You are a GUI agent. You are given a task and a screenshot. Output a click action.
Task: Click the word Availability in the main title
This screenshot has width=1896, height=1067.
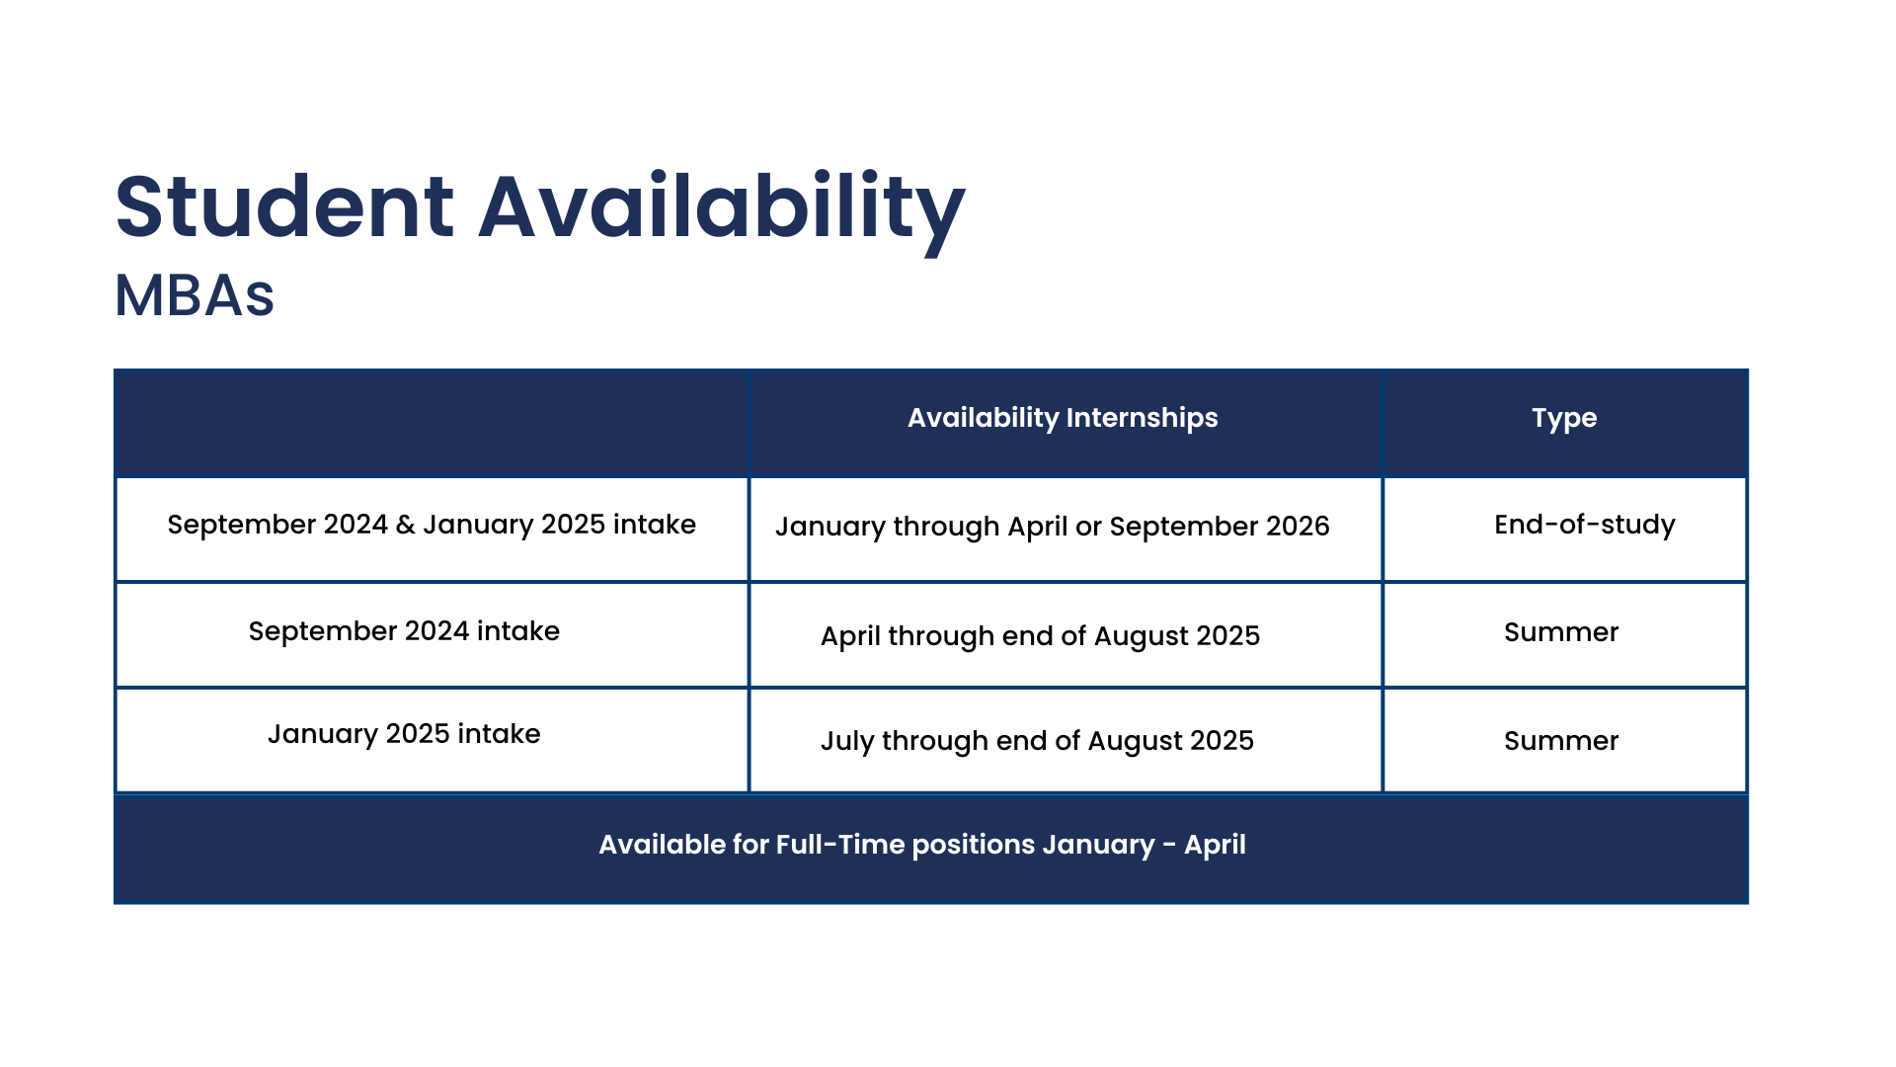pyautogui.click(x=722, y=212)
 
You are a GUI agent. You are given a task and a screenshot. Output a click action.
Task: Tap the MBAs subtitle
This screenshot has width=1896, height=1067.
pyautogui.click(x=195, y=294)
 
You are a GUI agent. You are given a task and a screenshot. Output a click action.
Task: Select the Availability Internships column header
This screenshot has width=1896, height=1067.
pyautogui.click(x=1063, y=418)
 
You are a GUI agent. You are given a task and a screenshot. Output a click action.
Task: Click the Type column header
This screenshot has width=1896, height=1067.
pyautogui.click(x=1564, y=418)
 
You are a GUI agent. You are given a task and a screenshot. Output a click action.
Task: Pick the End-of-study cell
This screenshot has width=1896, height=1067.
pyautogui.click(x=1585, y=525)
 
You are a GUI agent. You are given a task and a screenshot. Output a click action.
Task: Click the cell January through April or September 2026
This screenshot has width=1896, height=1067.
pyautogui.click(x=1053, y=527)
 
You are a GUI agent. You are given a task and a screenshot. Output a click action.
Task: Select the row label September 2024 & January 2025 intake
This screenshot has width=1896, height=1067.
pyautogui.click(x=432, y=525)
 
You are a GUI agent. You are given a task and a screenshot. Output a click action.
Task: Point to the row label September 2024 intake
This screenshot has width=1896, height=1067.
pyautogui.click(x=404, y=631)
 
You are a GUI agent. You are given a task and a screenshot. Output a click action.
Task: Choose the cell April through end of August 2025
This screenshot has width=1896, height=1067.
pyautogui.click(x=1040, y=636)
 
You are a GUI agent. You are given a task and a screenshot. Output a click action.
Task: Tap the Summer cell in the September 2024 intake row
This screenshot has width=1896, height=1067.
pyautogui.click(x=1561, y=632)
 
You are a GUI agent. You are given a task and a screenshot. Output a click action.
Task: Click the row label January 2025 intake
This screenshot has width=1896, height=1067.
pyautogui.click(x=404, y=734)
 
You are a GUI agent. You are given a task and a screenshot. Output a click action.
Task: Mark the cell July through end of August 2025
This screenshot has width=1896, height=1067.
pyautogui.click(x=1037, y=741)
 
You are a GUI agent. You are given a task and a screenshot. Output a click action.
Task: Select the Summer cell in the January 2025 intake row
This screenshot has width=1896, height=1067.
pyautogui.click(x=1561, y=741)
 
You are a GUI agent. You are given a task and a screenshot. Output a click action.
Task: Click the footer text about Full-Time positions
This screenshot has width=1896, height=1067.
pyautogui.click(x=922, y=845)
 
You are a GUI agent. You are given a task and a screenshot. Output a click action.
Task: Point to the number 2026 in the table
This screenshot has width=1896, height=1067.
pyautogui.click(x=1298, y=526)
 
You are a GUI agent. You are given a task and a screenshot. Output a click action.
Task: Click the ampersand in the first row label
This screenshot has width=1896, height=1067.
pyautogui.click(x=405, y=525)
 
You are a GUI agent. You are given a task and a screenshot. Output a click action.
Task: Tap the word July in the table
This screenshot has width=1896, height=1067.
pyautogui.click(x=847, y=742)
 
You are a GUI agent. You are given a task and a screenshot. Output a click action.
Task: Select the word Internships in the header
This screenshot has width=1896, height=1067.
pyautogui.click(x=1142, y=418)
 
